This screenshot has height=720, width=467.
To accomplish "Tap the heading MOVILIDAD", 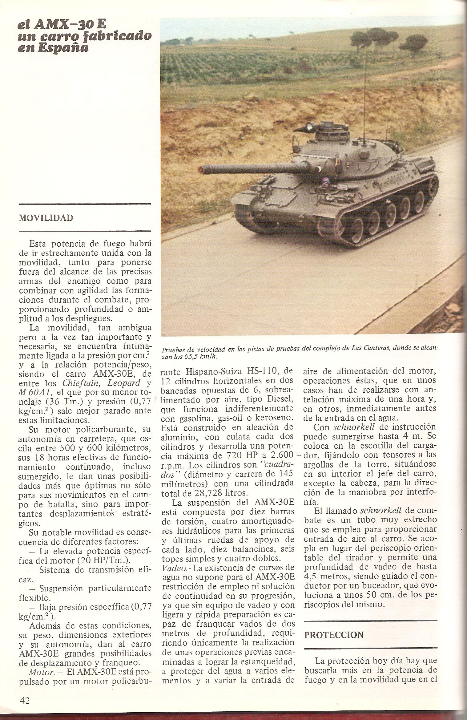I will point(46,218).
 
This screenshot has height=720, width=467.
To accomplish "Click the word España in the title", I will point(66,48).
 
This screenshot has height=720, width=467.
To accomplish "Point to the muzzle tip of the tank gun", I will point(202,169).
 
